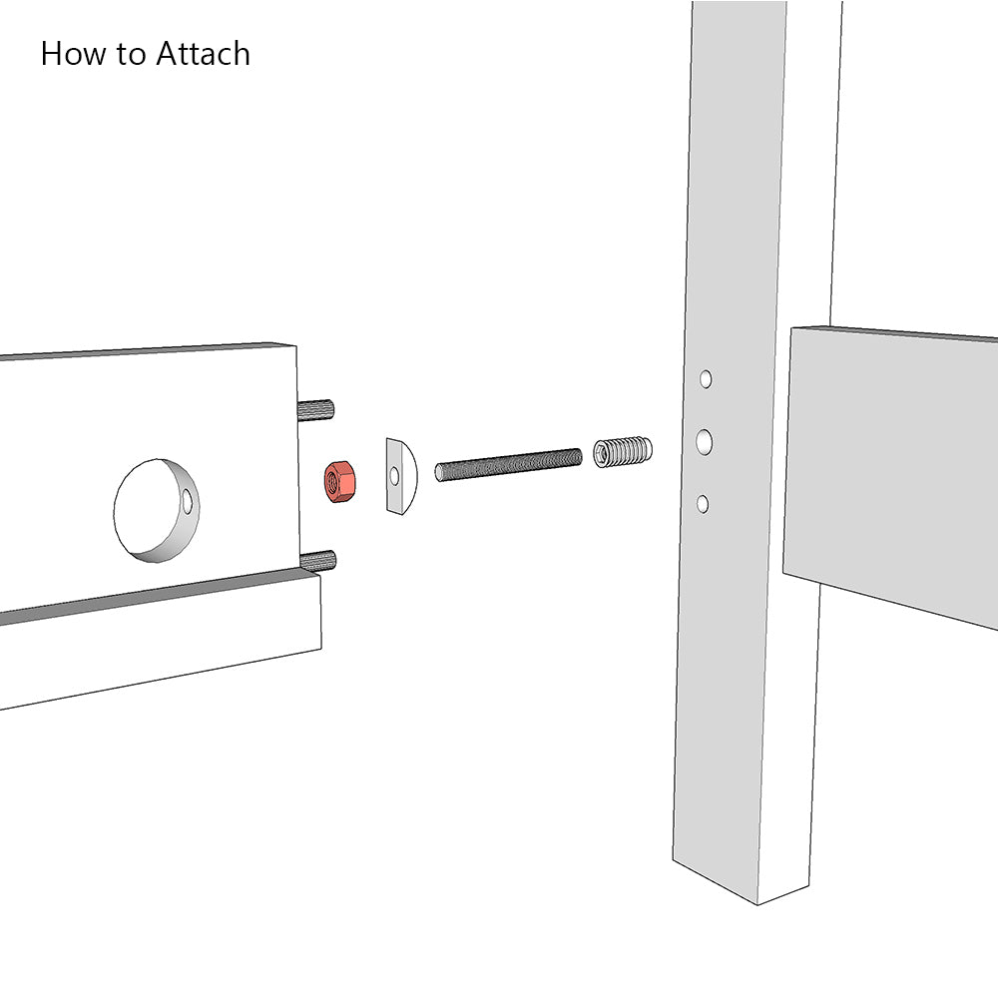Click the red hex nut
(x=340, y=482)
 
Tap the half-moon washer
(x=401, y=475)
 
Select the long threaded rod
(x=509, y=465)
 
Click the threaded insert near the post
(x=623, y=452)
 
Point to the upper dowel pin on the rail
(x=315, y=409)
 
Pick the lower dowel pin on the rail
(x=317, y=561)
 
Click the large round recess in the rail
(x=157, y=510)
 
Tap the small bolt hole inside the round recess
(x=188, y=502)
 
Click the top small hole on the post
(x=706, y=379)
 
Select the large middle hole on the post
(x=704, y=442)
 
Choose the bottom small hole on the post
(x=703, y=504)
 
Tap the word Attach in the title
(x=203, y=54)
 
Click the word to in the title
(x=131, y=55)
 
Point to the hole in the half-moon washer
(x=394, y=476)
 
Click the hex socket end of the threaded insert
(x=602, y=452)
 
